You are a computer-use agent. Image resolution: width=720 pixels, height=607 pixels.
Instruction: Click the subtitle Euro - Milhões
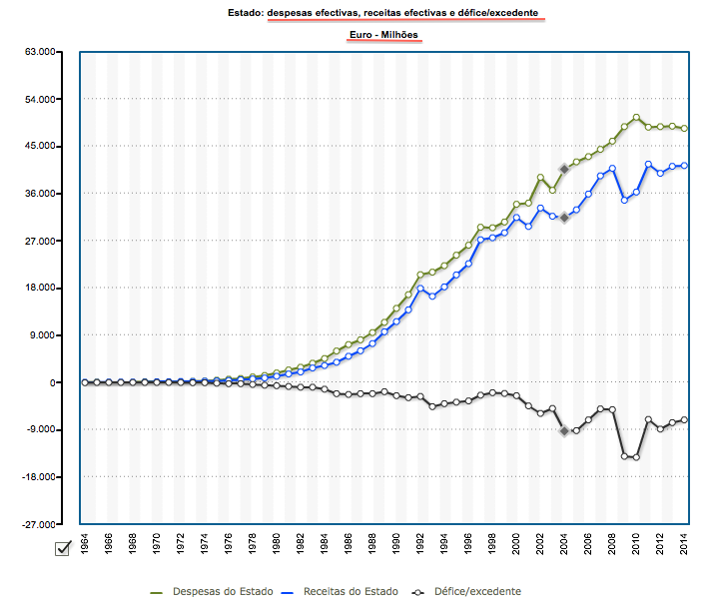click(383, 36)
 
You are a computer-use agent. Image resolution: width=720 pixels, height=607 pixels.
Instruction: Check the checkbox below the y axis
click(62, 547)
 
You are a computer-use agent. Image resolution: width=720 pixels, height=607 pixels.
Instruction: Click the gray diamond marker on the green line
click(564, 169)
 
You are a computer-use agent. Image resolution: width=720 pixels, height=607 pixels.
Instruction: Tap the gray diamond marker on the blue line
click(564, 217)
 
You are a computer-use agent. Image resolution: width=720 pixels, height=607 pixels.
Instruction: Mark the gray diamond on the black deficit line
click(564, 431)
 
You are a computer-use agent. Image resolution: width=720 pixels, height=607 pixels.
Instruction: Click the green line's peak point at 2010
click(636, 118)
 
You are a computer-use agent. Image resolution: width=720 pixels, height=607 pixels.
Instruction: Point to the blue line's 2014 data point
click(684, 166)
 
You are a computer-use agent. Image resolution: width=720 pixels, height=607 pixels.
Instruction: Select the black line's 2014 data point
click(684, 419)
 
